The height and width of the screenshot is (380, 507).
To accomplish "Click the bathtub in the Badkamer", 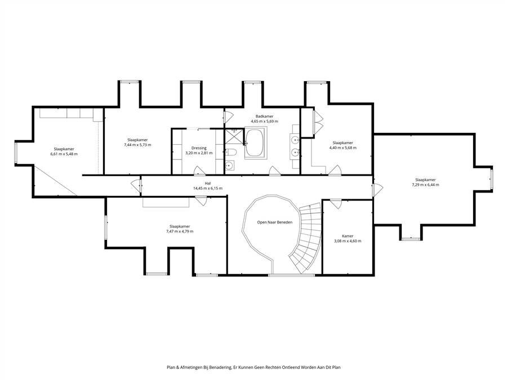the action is click(256, 143).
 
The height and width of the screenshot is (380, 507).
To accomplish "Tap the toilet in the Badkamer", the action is click(232, 152).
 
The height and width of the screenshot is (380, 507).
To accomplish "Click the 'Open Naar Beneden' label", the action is click(275, 222).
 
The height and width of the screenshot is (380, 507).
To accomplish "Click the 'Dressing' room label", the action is click(199, 148).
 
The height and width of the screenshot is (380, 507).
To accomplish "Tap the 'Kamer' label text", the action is click(348, 236).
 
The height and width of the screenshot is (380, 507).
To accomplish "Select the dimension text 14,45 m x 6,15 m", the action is click(208, 188).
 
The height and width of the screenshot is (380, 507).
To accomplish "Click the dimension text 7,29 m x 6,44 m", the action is click(425, 185).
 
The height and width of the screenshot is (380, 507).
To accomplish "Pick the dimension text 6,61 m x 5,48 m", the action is click(64, 154).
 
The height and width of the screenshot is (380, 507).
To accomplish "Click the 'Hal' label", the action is click(208, 183).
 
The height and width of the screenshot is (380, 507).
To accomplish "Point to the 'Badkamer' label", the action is click(265, 117).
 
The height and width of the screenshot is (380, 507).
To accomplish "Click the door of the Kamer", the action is click(335, 204).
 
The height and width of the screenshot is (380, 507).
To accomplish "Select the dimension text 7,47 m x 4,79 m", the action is click(180, 231).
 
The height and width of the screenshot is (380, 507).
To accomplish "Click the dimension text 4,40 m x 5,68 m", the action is click(343, 147).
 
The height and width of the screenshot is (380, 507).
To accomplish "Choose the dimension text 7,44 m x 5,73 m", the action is click(137, 145).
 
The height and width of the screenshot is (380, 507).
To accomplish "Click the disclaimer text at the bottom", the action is click(253, 368).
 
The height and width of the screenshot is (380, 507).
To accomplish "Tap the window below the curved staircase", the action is click(291, 275).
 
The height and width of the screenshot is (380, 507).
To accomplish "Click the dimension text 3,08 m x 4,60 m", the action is click(348, 241).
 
